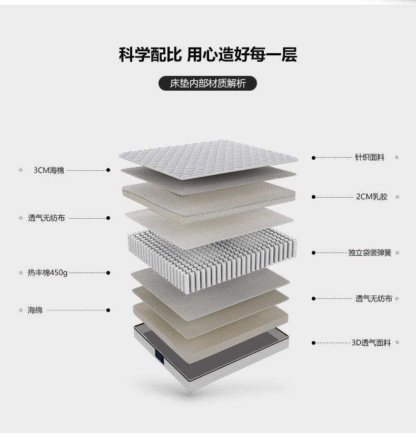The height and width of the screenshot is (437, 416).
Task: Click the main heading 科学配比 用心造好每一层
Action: tap(207, 54)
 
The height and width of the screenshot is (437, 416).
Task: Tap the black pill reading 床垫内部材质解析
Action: tap(207, 83)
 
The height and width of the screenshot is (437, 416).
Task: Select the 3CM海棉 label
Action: tap(49, 170)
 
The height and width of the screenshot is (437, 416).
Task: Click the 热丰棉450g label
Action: tap(47, 273)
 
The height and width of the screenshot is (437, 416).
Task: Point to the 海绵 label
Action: tap(35, 310)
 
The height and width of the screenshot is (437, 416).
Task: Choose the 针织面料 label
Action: tap(370, 158)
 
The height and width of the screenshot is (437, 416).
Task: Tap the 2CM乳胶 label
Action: tap(372, 197)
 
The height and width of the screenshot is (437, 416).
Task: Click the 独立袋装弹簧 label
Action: tap(370, 253)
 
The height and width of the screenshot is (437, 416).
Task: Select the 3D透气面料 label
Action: tap(371, 343)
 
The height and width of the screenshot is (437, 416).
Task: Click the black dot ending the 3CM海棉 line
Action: tap(108, 170)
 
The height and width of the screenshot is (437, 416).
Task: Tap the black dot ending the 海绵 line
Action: tap(108, 310)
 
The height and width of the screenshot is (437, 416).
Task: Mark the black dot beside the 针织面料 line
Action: tap(313, 158)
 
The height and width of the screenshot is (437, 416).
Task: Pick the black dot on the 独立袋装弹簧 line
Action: tap(313, 253)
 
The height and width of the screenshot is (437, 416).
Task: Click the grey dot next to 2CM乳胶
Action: tap(398, 197)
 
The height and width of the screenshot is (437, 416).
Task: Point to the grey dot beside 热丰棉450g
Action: tap(21, 273)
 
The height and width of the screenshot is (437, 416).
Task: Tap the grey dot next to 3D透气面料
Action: tap(398, 343)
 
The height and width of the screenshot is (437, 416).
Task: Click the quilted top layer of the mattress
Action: tap(209, 159)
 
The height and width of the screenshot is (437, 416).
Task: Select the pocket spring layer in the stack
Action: tap(212, 259)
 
